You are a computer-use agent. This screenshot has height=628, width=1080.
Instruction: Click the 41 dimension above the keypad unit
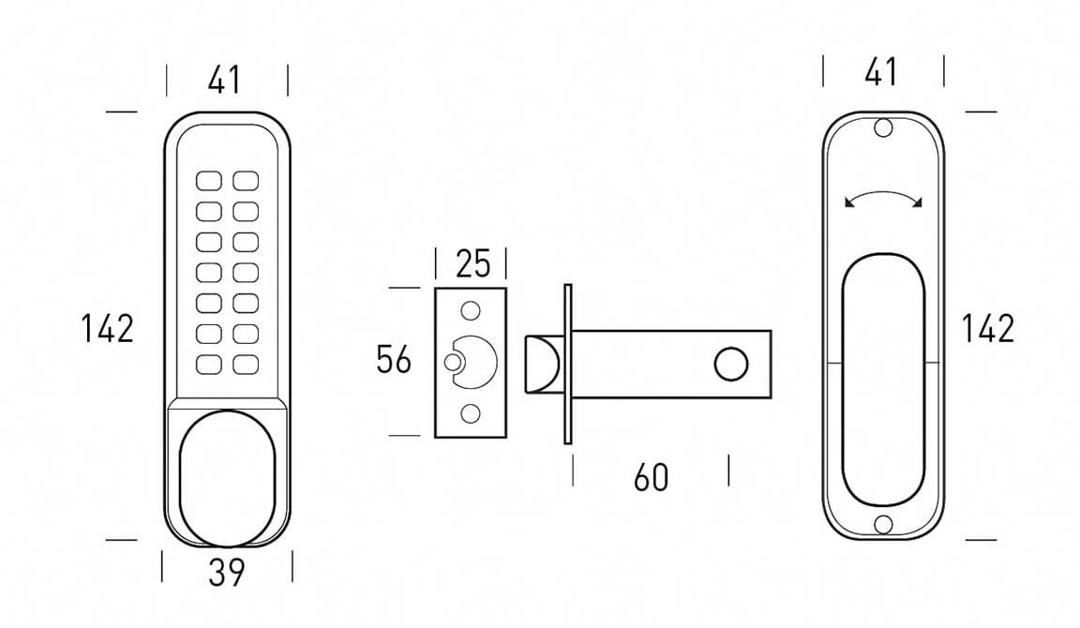[225, 80]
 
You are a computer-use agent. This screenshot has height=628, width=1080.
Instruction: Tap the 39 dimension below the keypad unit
[226, 571]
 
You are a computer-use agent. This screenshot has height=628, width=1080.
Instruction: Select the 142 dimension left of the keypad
[107, 328]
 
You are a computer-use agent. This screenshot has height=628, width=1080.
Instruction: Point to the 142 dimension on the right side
[988, 328]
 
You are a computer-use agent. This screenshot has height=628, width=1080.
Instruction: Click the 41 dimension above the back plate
[881, 71]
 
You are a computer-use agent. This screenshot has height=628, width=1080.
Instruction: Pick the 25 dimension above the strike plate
[472, 264]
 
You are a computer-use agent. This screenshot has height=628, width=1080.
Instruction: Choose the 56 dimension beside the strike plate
[394, 359]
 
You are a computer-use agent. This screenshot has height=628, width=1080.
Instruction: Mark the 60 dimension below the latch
[651, 477]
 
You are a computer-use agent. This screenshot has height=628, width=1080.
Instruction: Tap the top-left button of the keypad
[208, 180]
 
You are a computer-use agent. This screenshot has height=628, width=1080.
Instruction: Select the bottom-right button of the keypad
[246, 364]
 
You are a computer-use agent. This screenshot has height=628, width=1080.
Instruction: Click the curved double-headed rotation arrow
[883, 199]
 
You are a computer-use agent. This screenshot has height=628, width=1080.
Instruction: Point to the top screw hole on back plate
[883, 128]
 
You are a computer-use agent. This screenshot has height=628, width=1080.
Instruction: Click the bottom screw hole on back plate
[883, 524]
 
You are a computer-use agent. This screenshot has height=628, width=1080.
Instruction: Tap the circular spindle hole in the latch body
[730, 364]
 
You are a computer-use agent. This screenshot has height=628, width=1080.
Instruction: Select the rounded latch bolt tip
[542, 363]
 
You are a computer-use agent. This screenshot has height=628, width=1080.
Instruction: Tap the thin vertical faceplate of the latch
[568, 364]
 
